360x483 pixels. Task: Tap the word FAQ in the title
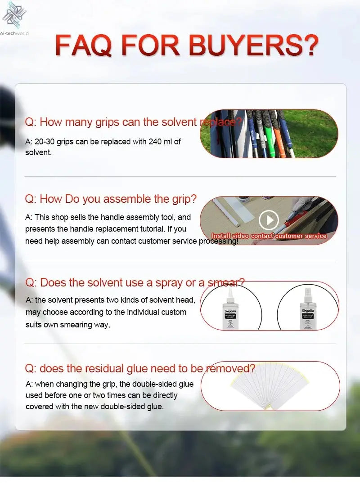pyautogui.click(x=85, y=46)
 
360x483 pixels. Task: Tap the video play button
pyautogui.click(x=269, y=219)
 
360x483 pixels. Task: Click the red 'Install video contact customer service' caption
pyautogui.click(x=269, y=236)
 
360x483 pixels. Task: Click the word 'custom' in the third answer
pyautogui.click(x=173, y=312)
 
